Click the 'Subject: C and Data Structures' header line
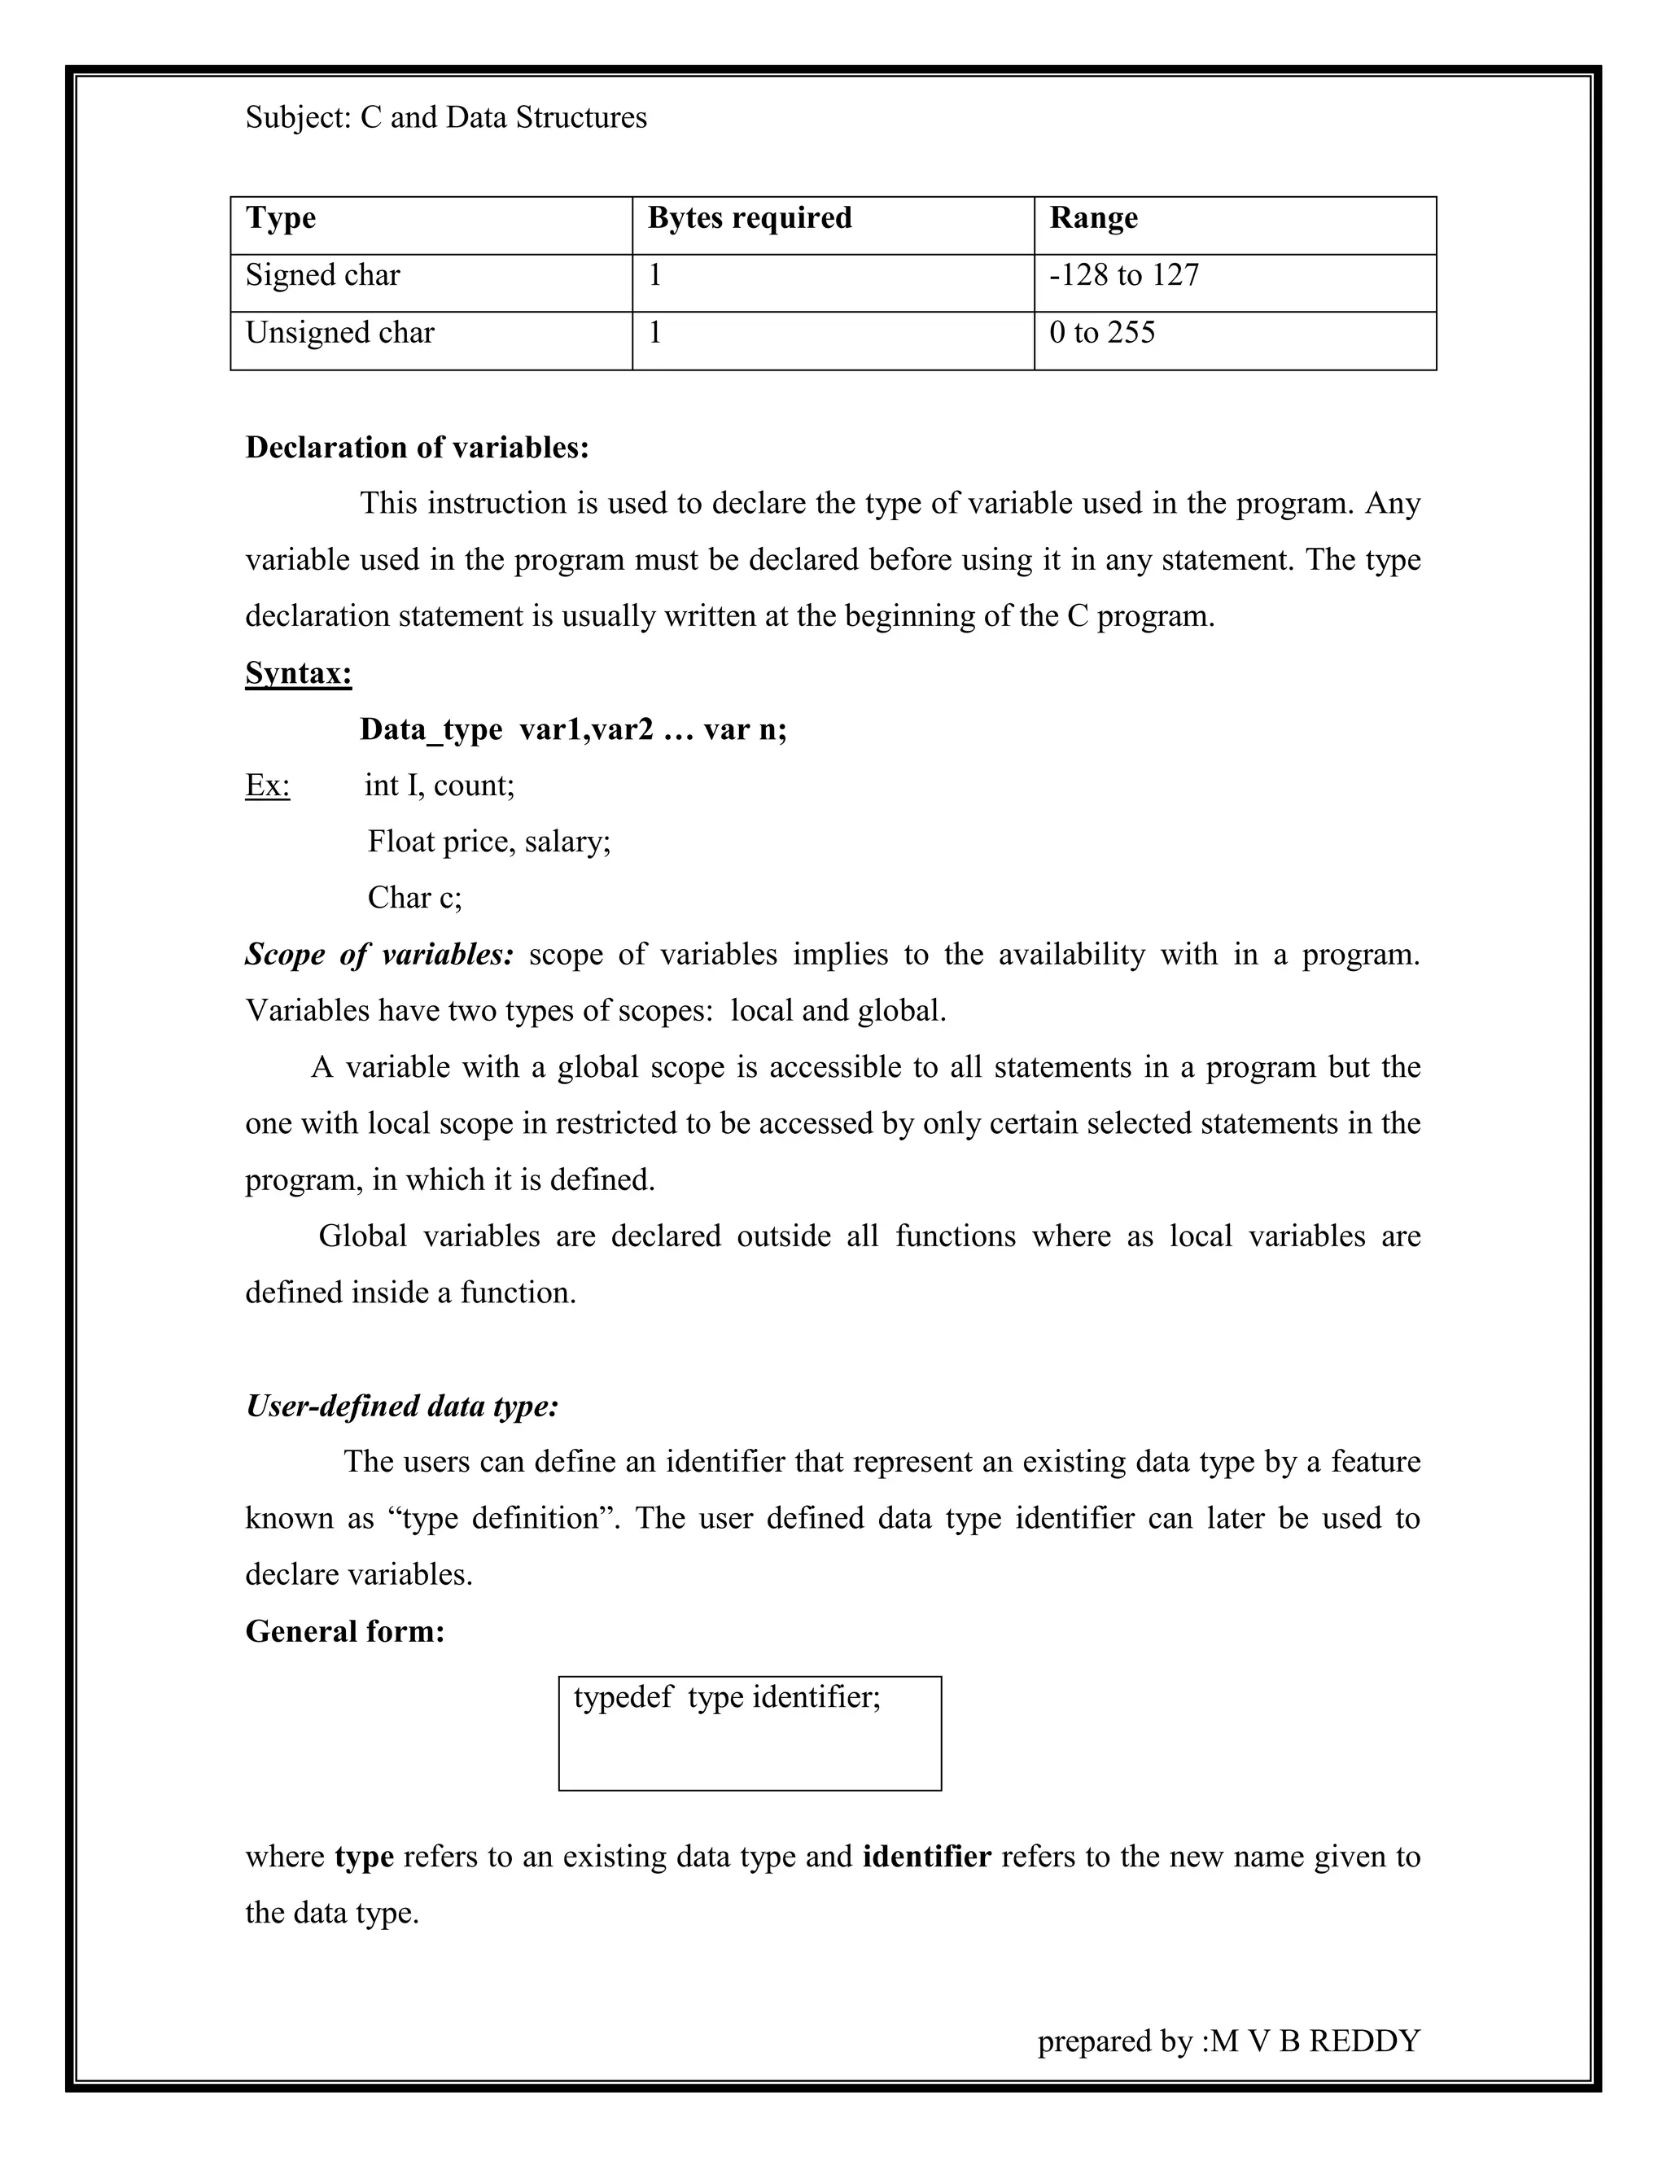click(445, 117)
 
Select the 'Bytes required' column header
click(749, 218)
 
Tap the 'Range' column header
click(1092, 218)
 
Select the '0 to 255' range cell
click(1101, 333)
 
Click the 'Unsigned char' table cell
click(339, 333)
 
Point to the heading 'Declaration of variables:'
click(417, 448)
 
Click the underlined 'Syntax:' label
click(298, 674)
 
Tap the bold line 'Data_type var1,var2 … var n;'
click(573, 730)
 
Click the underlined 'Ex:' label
click(268, 786)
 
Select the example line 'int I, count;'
click(440, 786)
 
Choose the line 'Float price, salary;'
click(489, 842)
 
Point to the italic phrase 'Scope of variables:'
click(379, 955)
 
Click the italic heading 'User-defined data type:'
click(402, 1406)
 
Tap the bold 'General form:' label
click(344, 1631)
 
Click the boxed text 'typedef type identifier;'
click(727, 1698)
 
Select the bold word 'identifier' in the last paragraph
click(926, 1857)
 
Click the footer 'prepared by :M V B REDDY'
click(1227, 2041)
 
